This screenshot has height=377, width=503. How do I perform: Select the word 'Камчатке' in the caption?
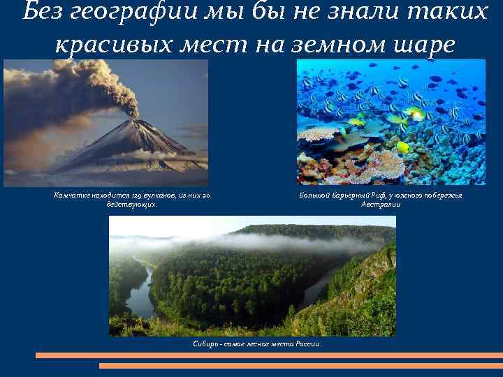[73, 195]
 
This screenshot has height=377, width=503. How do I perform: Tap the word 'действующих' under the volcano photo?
[131, 205]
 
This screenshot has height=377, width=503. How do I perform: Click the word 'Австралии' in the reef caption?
[380, 205]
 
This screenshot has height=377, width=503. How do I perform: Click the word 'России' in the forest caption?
[307, 344]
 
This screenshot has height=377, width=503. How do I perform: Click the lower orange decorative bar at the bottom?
[300, 365]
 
